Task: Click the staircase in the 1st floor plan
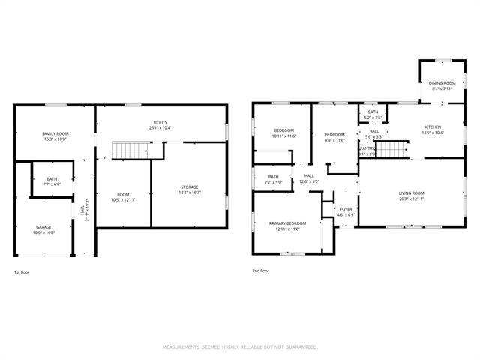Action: (128, 150)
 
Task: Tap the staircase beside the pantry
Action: (391, 151)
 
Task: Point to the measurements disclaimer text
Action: (240, 347)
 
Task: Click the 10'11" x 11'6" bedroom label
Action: (284, 133)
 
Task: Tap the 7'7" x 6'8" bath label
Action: (52, 181)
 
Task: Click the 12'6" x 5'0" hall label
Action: (308, 181)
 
